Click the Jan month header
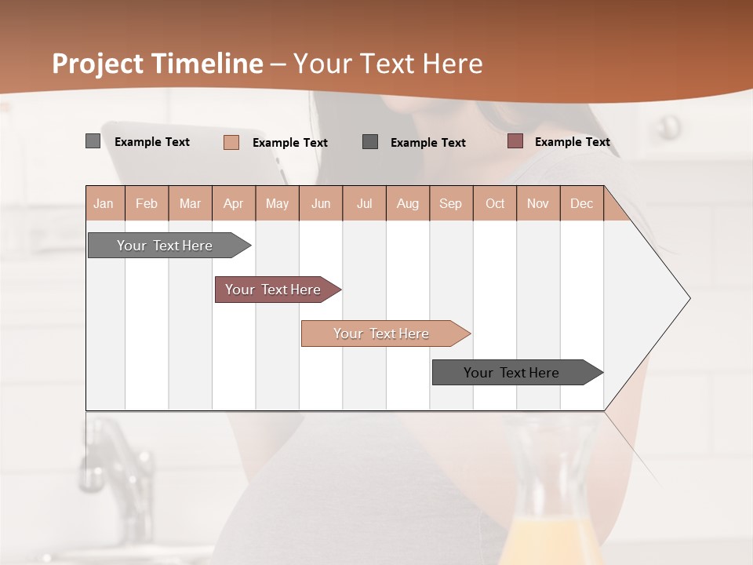pos(104,203)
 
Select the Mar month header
pos(190,203)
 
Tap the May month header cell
pos(277,203)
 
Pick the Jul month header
pos(364,203)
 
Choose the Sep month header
pos(450,203)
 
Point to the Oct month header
pos(495,203)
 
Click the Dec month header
pos(581,203)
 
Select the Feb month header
pos(147,203)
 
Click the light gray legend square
pos(93,141)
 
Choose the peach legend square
pos(231,142)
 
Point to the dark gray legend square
pos(370,141)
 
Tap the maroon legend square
pos(515,141)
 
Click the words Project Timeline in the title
pos(157,64)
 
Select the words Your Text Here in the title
pos(387,64)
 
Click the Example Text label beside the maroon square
pos(572,142)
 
